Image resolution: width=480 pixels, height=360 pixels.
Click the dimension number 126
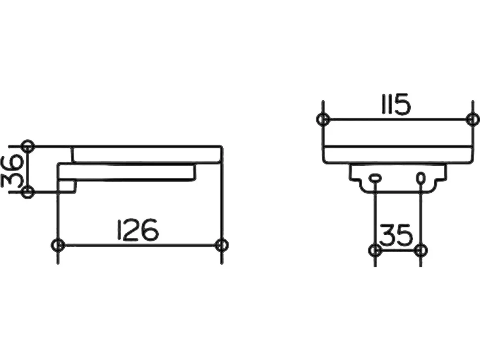(138, 229)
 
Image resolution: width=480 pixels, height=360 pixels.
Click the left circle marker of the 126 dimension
(57, 245)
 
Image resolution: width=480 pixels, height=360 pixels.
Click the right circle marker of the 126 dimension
(221, 245)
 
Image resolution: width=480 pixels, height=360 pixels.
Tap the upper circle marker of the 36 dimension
(28, 147)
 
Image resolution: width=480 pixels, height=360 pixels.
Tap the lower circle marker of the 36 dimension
(28, 192)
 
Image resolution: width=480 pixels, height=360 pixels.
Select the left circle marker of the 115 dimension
(322, 119)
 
